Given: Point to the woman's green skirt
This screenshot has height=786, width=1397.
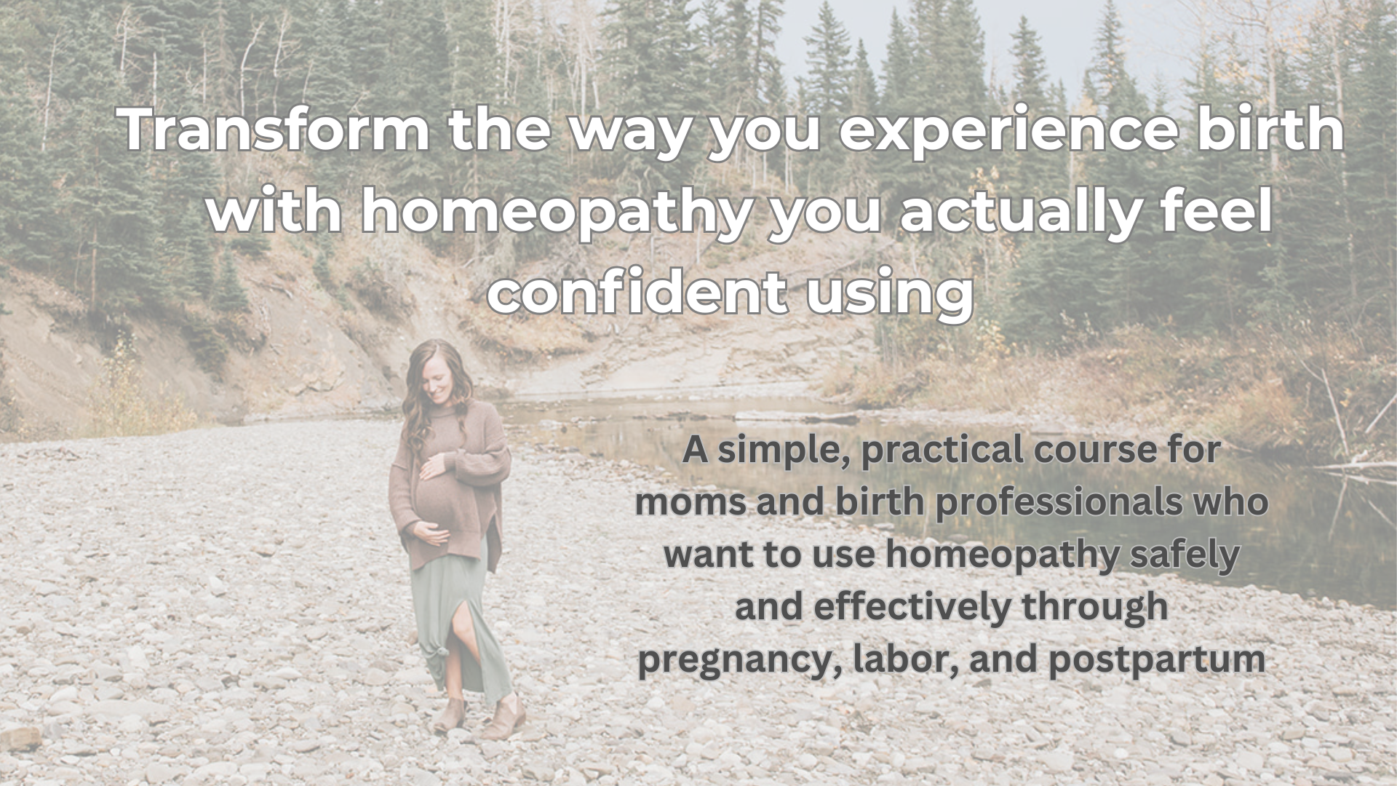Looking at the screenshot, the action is [458, 619].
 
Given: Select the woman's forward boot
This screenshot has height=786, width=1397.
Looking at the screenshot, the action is [504, 718].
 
